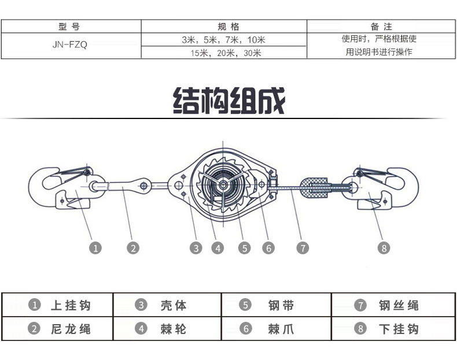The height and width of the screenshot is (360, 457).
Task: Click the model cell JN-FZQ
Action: (x=70, y=44)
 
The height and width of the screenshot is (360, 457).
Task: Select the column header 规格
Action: (x=228, y=27)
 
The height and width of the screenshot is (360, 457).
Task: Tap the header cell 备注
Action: (x=381, y=27)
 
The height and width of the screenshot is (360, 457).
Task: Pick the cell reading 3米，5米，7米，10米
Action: (x=223, y=39)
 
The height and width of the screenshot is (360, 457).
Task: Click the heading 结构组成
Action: (x=229, y=101)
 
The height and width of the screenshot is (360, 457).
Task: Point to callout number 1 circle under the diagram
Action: (x=95, y=248)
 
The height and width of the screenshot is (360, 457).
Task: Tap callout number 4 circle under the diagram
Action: (x=218, y=248)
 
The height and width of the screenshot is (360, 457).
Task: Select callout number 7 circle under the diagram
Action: (x=303, y=248)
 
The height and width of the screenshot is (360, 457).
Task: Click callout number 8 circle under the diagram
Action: (x=384, y=248)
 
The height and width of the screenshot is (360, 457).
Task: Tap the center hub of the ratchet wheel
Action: (x=223, y=184)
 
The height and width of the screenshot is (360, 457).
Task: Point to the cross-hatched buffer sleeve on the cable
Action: (x=315, y=188)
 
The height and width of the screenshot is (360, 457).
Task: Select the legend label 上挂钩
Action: (x=71, y=305)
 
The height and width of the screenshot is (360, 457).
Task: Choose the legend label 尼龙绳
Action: (x=71, y=329)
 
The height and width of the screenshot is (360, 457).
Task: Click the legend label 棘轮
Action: (x=173, y=329)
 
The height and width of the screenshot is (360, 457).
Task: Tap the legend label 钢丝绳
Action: (x=399, y=305)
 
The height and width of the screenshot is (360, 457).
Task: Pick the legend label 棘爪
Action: (x=281, y=329)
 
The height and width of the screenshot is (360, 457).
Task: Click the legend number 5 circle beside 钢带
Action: (x=245, y=305)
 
